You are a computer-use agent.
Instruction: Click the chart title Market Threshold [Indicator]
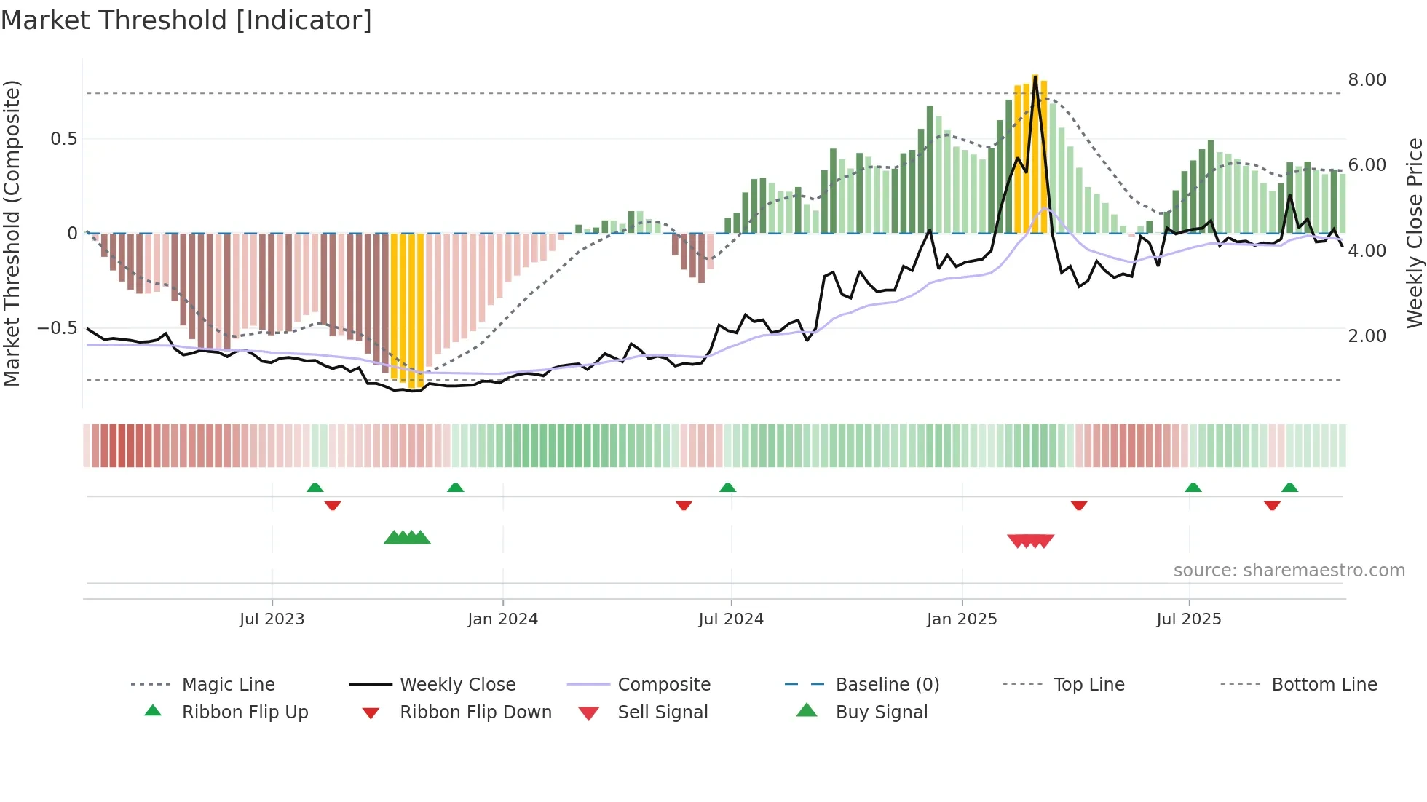[186, 20]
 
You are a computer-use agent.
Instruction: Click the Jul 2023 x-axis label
[272, 619]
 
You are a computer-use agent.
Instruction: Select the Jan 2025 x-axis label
[961, 619]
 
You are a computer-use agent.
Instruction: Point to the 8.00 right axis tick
[1367, 80]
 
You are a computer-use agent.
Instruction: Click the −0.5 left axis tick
[57, 328]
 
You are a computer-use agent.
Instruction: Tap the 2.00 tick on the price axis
[1367, 336]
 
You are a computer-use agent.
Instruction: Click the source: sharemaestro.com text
[1289, 571]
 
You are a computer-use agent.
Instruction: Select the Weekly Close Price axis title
[1414, 233]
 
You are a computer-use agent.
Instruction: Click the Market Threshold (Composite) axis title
[12, 233]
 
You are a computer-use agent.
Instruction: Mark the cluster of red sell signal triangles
[1030, 541]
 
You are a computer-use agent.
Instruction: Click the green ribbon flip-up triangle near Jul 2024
[727, 488]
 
